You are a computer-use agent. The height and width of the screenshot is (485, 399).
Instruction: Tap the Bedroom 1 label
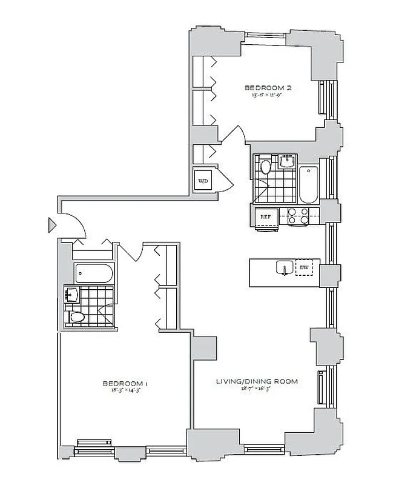125,383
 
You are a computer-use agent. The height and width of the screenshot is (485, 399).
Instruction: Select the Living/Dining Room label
257,381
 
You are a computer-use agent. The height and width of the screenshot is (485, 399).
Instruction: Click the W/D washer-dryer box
202,181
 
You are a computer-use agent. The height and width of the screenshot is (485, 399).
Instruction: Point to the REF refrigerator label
265,216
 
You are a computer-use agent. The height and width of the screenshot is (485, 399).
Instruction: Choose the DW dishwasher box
304,267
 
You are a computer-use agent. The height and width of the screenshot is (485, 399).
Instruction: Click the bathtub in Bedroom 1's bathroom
94,274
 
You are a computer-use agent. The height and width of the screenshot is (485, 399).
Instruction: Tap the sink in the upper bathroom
286,161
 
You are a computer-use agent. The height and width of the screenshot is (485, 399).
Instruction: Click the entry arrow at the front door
52,226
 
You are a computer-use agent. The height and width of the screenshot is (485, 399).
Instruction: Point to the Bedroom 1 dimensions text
125,391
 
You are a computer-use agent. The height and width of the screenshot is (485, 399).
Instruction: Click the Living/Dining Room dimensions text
257,389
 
